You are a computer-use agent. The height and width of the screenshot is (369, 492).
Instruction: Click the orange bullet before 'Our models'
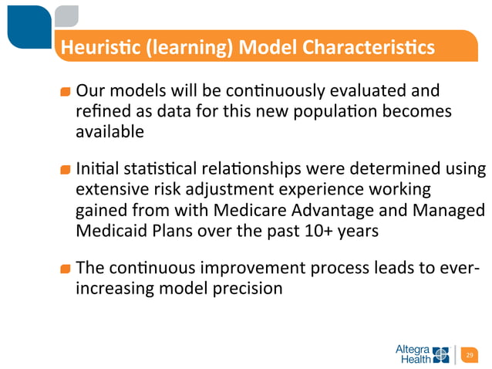[66, 93]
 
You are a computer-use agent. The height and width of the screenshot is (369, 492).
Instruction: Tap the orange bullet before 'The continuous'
[66, 269]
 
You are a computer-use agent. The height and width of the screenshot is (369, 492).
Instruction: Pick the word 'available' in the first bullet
[110, 132]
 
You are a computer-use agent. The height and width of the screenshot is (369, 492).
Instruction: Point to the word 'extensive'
[110, 190]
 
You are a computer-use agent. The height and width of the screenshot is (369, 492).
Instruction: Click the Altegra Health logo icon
[441, 354]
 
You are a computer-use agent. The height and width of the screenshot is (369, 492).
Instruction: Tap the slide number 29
[468, 355]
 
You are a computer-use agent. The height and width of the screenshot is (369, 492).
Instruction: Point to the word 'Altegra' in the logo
[413, 349]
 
